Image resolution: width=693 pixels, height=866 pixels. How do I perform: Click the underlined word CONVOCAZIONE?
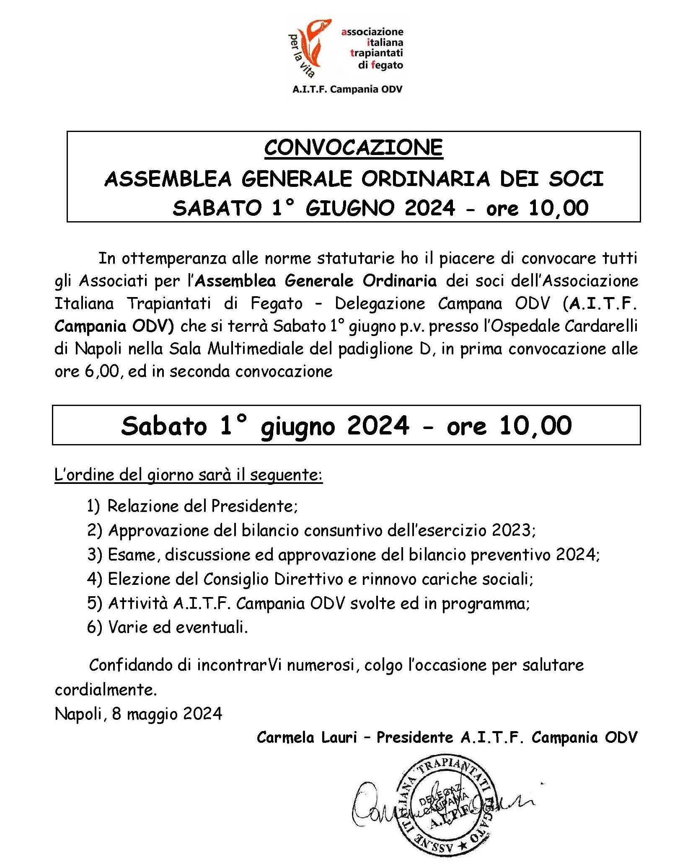pos(353,147)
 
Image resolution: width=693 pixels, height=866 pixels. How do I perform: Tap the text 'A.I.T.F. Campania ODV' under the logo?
pos(347,89)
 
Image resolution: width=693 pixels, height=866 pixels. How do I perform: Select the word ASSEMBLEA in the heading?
pos(168,179)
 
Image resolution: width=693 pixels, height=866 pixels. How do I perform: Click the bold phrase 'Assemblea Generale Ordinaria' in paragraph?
pos(316,281)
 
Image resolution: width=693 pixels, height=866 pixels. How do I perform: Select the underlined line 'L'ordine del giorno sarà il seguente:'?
pos(188,475)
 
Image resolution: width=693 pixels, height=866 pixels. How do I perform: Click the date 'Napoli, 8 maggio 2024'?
pos(138,713)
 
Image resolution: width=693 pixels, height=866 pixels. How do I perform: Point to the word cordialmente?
pos(106,690)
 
